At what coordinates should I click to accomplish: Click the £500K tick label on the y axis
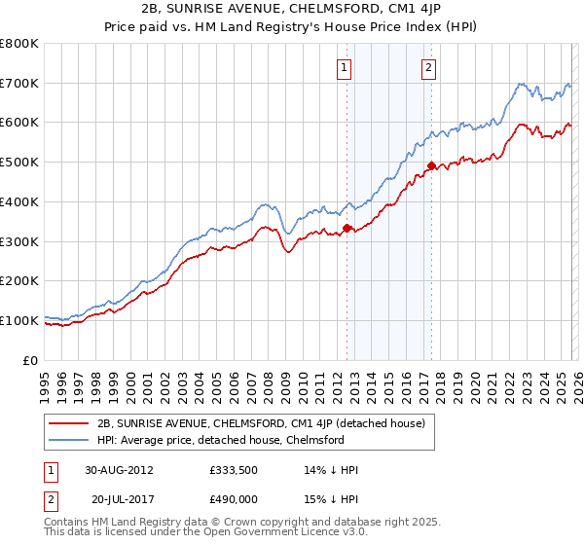19,163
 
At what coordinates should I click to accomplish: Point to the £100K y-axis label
19,320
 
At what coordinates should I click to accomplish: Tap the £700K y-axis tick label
19,84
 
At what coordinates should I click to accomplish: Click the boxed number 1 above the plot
346,67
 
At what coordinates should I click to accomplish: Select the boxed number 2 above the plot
429,67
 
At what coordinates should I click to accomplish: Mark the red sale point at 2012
347,229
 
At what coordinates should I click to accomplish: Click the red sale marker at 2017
430,166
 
